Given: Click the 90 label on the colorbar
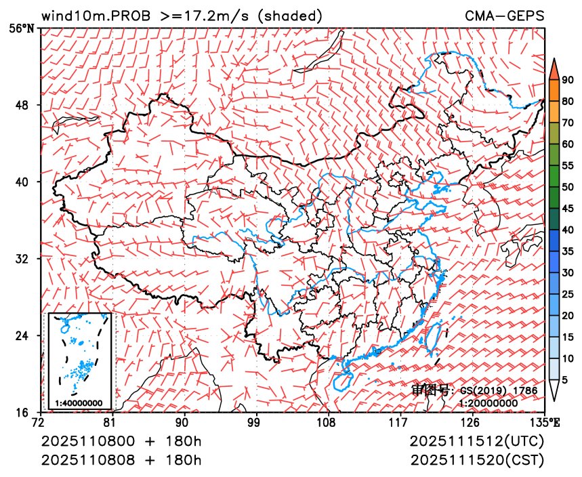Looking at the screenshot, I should pyautogui.click(x=568, y=80).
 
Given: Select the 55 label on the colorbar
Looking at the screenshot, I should pyautogui.click(x=568, y=165).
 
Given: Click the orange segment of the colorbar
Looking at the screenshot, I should pyautogui.click(x=554, y=91).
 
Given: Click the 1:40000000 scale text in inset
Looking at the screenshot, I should pyautogui.click(x=79, y=403).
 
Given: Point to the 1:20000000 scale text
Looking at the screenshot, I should pyautogui.click(x=489, y=403).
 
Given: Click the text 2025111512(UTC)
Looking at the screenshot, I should pyautogui.click(x=477, y=441).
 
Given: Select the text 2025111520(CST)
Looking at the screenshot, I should pyautogui.click(x=477, y=460).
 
